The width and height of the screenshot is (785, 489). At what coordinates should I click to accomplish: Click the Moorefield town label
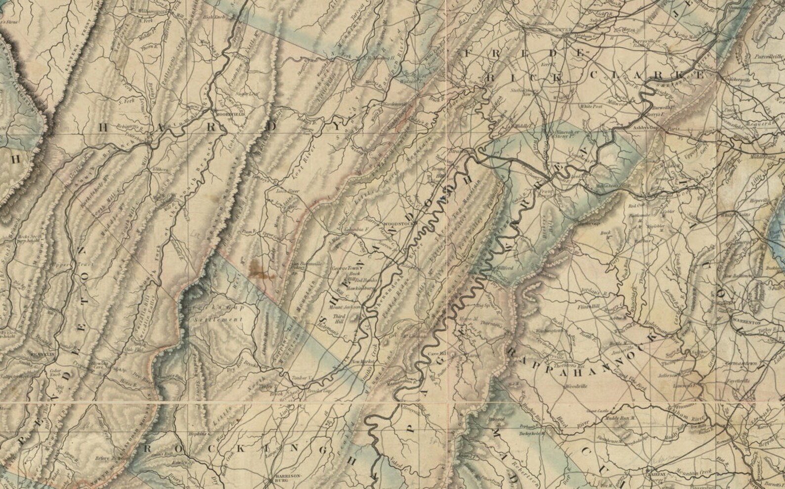[x=230, y=114]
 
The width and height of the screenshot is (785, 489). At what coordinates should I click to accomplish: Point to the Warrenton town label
[x=746, y=321]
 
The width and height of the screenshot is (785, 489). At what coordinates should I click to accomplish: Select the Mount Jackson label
[x=350, y=307]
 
